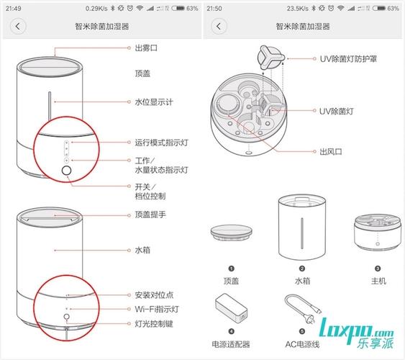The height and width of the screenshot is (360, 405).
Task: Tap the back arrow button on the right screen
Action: [x=220, y=26]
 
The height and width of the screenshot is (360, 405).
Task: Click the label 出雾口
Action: [x=147, y=48]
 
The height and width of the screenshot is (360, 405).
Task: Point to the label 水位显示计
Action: [x=154, y=102]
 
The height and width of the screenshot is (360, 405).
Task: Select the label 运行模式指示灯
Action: [x=161, y=143]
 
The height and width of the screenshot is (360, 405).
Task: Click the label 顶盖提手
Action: [x=150, y=215]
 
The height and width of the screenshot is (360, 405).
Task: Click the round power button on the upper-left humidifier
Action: [x=67, y=170]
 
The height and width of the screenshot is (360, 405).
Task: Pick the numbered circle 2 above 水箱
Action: [x=302, y=268]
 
